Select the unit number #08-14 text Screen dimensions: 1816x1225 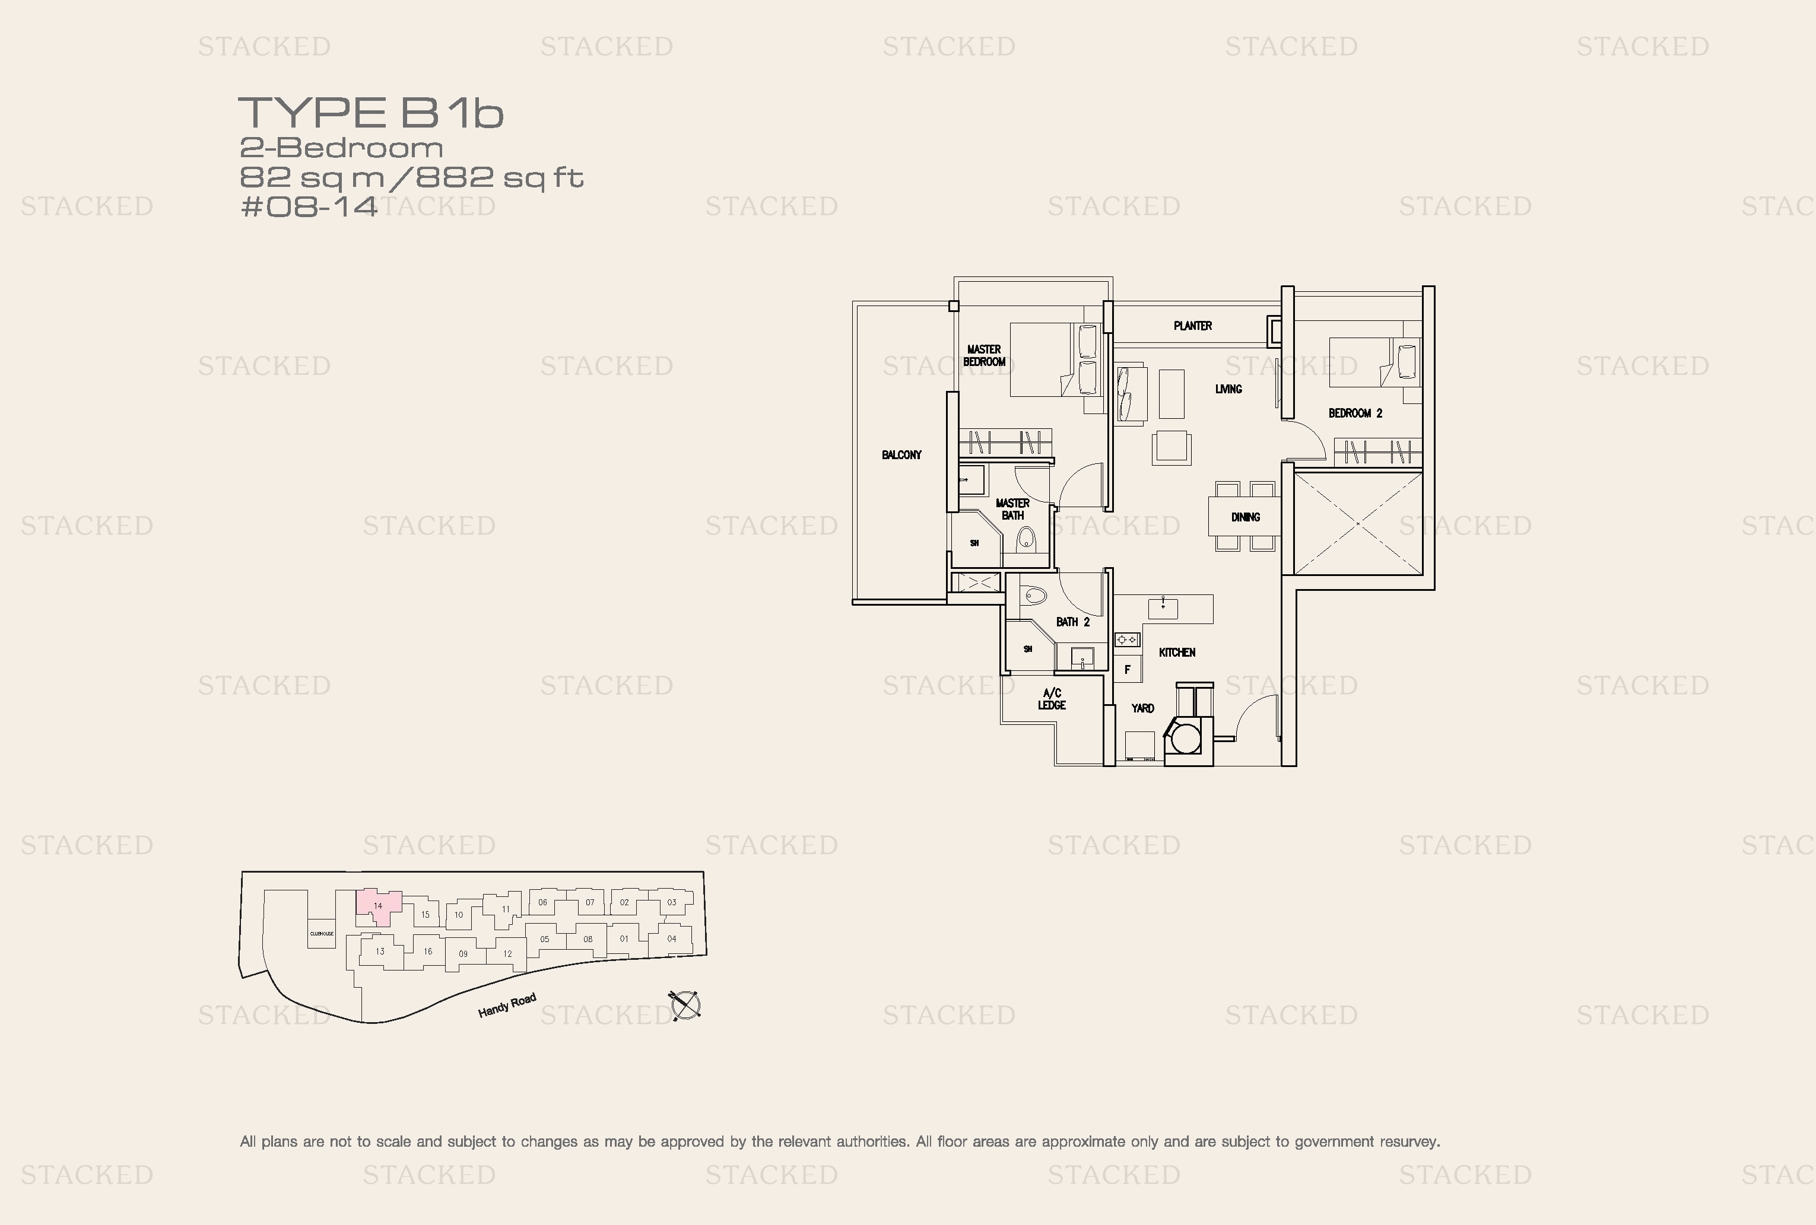(309, 207)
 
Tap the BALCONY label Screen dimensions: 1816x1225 (901, 454)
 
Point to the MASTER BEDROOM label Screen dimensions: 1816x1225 (984, 355)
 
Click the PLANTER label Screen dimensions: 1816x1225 (1192, 326)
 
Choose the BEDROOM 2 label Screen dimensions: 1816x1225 (1355, 413)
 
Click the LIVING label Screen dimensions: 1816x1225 (1228, 389)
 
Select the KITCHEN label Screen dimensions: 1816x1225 (1177, 653)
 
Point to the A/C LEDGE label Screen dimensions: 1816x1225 (1052, 699)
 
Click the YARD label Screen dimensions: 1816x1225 (1142, 708)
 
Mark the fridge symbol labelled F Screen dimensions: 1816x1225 (1127, 670)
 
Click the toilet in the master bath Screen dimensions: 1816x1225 (1026, 538)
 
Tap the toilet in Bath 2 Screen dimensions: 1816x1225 (1034, 596)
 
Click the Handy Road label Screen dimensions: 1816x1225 (507, 1006)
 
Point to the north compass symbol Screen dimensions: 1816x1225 (684, 1006)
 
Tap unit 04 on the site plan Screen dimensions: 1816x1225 (671, 939)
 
